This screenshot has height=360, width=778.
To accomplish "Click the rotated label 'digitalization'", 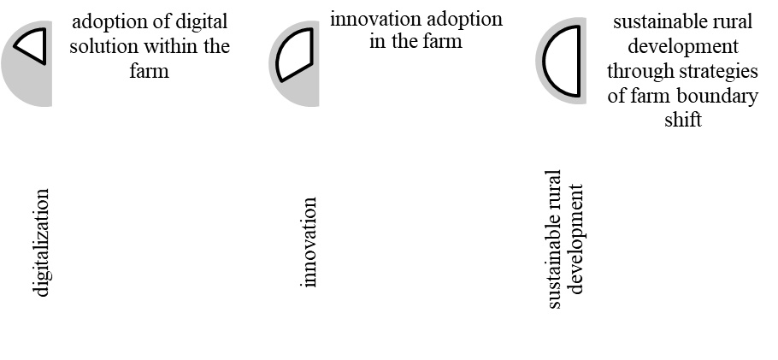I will pyautogui.click(x=41, y=243).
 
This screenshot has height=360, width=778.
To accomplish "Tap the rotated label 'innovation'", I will pyautogui.click(x=309, y=242).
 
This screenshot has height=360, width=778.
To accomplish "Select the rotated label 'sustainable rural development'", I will pyautogui.click(x=565, y=239).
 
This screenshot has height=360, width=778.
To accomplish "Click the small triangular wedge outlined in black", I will pyautogui.click(x=32, y=44).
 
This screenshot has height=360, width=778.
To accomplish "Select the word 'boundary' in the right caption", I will pyautogui.click(x=722, y=96).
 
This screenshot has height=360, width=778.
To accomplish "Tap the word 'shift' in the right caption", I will pyautogui.click(x=682, y=120).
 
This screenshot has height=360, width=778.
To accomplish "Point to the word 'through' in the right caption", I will pyautogui.click(x=639, y=72).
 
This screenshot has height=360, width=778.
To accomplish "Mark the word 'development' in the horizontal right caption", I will pyautogui.click(x=682, y=48).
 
